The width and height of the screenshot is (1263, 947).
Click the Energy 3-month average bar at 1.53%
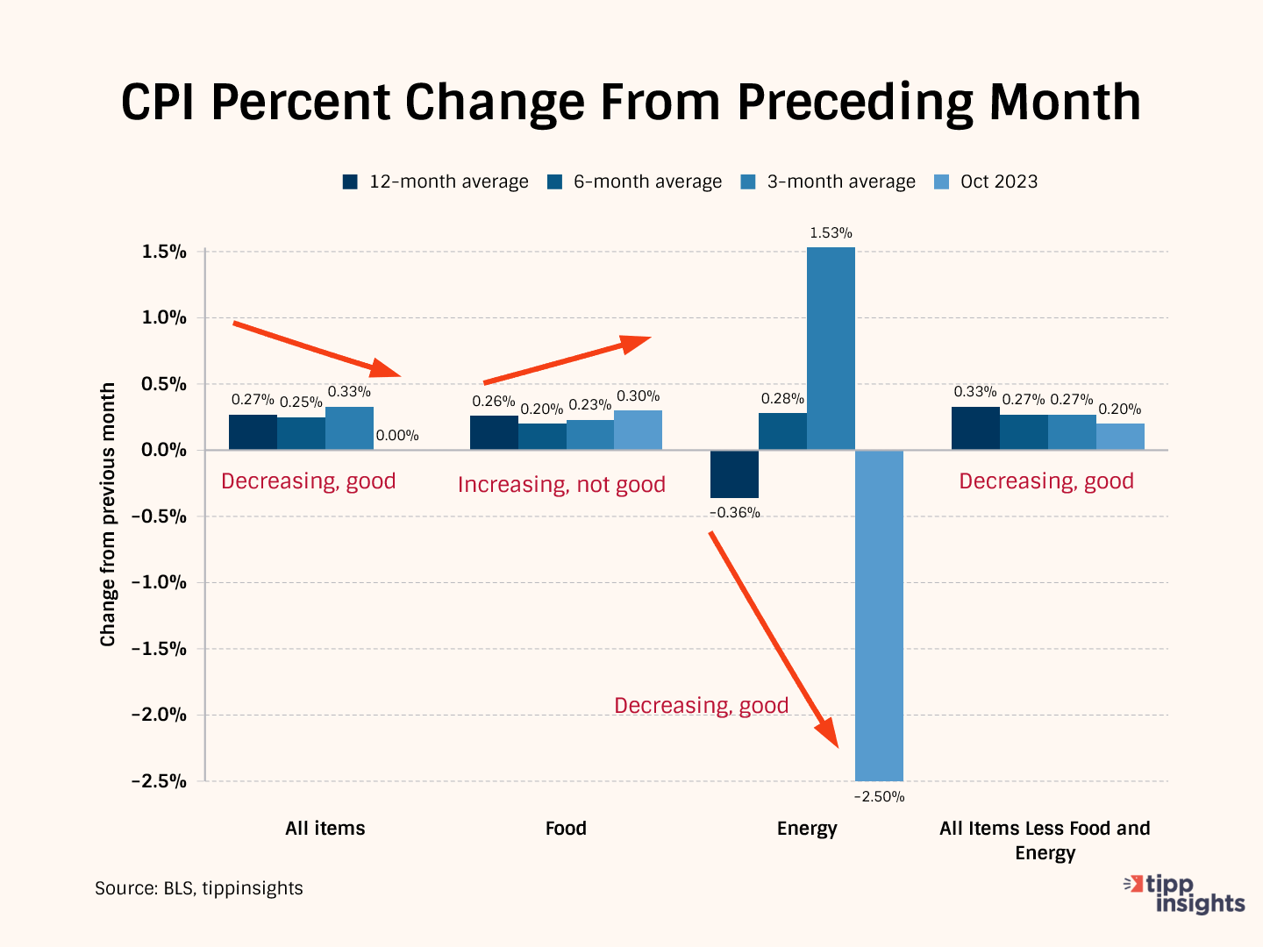(831, 348)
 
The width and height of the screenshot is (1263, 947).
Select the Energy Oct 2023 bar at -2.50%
(879, 615)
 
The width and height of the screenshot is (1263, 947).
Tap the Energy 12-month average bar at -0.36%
(734, 473)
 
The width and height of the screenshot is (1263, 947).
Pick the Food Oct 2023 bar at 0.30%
(638, 430)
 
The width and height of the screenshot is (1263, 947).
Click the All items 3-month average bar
(349, 428)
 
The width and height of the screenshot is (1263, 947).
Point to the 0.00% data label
(397, 435)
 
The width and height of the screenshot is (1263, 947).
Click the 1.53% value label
(831, 233)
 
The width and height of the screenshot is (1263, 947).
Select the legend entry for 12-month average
(436, 182)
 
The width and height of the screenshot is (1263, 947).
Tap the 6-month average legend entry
(635, 182)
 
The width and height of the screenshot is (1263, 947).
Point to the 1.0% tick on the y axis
(165, 317)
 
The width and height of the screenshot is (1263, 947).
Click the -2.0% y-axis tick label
(159, 715)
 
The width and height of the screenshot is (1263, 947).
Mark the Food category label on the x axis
(566, 829)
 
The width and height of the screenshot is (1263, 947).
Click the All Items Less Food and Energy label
(1045, 840)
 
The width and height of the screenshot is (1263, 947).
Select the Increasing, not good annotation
(561, 485)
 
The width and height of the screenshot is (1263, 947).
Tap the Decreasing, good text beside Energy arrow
(701, 706)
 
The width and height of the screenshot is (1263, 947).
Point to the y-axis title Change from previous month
(108, 515)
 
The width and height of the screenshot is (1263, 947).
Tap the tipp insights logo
(1186, 894)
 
